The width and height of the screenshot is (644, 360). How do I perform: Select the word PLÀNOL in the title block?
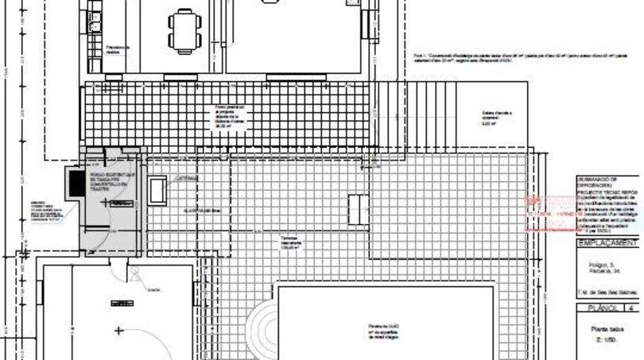597,310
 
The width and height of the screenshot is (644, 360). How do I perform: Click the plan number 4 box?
631,310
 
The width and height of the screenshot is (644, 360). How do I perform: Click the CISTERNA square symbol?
157,189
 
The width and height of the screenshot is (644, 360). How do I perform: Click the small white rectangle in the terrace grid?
358,208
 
